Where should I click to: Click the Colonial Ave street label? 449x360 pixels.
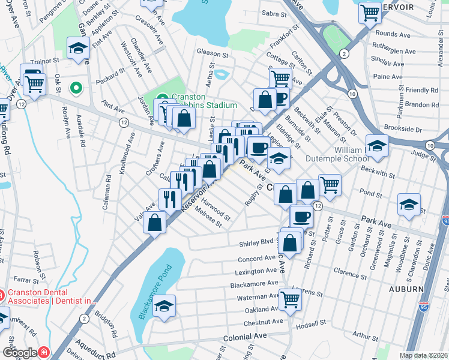[244, 338]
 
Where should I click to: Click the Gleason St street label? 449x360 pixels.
[214, 52]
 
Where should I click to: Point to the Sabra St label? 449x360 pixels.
[274, 13]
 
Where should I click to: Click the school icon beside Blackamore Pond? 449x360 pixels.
[164, 305]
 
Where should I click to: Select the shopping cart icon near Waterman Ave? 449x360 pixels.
[290, 299]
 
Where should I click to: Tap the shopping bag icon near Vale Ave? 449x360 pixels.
[155, 223]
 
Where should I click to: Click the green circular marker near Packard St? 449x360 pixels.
[76, 89]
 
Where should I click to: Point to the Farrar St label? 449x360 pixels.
[26, 279]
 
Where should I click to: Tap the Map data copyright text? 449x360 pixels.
[424, 355]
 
